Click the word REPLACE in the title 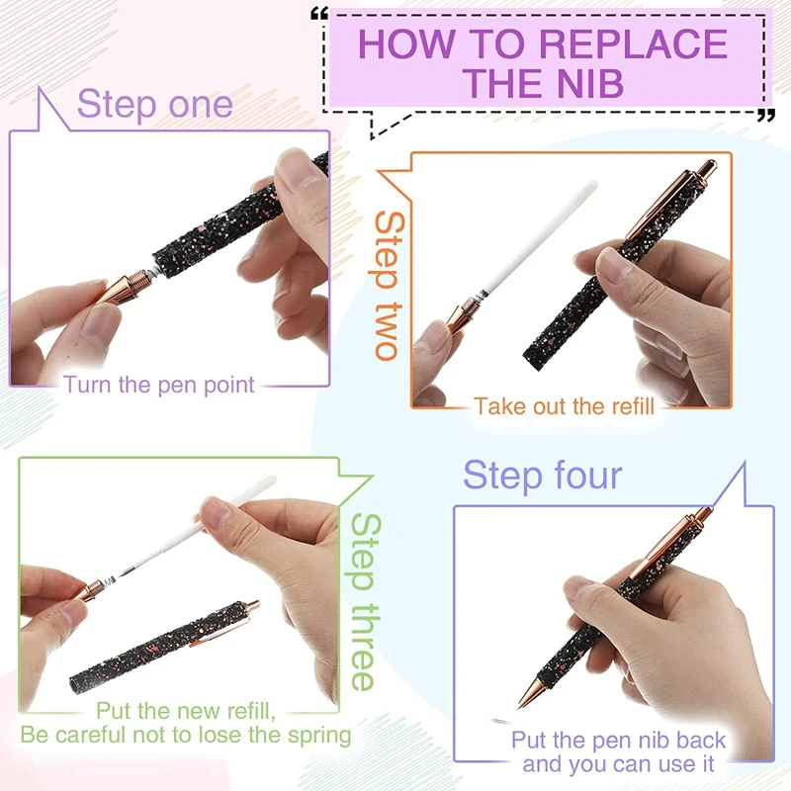[633, 44]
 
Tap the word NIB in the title [587, 83]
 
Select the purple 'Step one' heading [155, 104]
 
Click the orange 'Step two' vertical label [390, 285]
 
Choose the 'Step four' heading [543, 475]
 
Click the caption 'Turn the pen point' [159, 385]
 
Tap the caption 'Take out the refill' [564, 406]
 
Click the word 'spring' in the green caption [319, 736]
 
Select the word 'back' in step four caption [700, 740]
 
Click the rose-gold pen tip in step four [531, 691]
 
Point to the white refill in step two [539, 237]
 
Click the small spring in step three [109, 583]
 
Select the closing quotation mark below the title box [766, 116]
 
